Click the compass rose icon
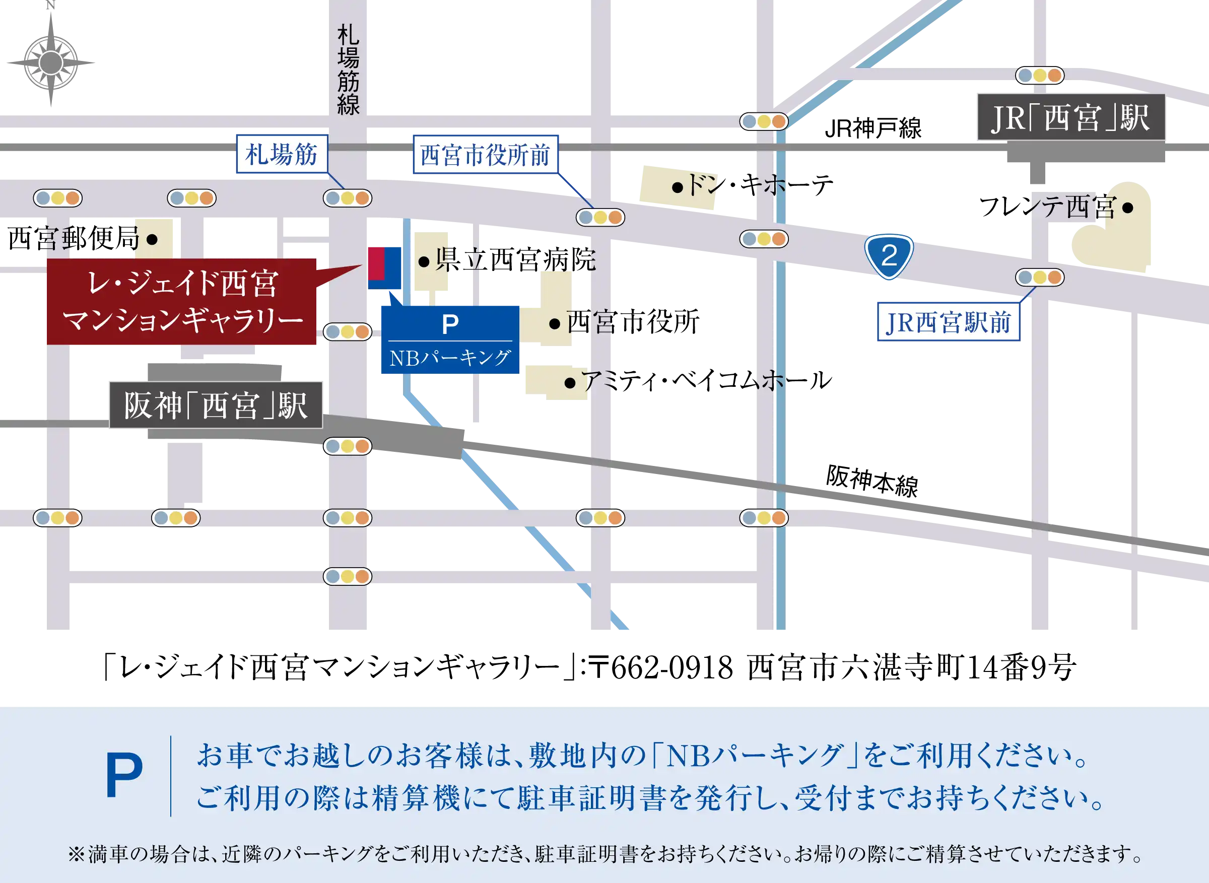(51, 62)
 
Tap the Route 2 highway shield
(889, 256)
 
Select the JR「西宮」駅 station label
(1070, 117)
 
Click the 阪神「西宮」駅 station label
(216, 405)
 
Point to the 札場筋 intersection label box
(282, 155)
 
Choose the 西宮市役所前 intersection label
(485, 155)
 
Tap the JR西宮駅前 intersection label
(948, 323)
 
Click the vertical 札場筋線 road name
(348, 70)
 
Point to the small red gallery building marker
(376, 263)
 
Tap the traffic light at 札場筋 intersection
(348, 198)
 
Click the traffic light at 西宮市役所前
(600, 218)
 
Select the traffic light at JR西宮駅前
(1040, 278)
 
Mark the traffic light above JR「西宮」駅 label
(1040, 76)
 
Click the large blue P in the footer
(124, 776)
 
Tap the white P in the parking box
(450, 324)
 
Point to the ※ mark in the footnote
(77, 854)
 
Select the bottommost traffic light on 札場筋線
(348, 576)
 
